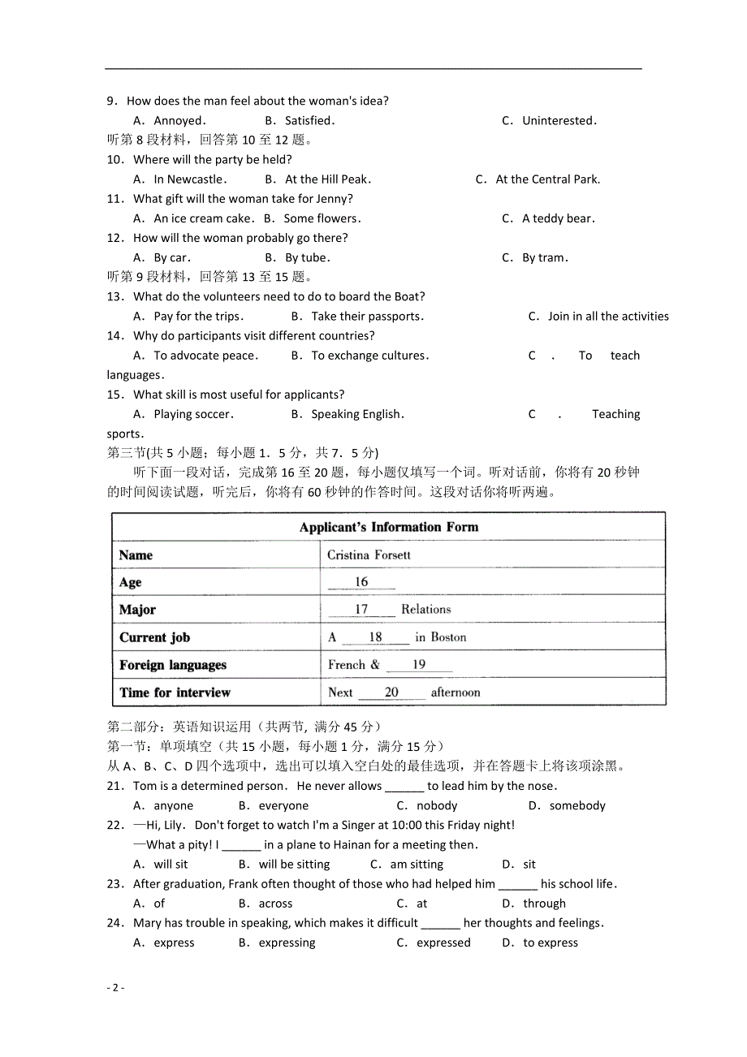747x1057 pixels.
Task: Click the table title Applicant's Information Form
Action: tap(388, 527)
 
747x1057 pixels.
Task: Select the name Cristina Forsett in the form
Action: tap(369, 555)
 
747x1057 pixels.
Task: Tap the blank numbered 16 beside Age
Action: tap(361, 582)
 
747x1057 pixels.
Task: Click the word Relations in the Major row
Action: tap(425, 609)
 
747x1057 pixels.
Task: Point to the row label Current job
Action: tap(154, 637)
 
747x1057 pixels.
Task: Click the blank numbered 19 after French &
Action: tap(419, 665)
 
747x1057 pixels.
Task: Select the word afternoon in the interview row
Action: tap(455, 692)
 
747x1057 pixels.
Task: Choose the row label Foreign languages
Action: tap(173, 665)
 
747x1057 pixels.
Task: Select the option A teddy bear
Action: tap(558, 218)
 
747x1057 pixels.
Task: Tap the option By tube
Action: tap(308, 258)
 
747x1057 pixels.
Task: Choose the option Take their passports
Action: tap(367, 317)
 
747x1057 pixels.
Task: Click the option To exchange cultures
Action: tap(369, 356)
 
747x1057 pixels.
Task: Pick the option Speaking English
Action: tap(357, 414)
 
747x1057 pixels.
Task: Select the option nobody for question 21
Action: tap(437, 806)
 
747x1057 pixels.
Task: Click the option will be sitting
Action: tap(294, 865)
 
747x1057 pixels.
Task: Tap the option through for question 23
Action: tap(544, 904)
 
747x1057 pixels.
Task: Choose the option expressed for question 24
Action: tap(443, 943)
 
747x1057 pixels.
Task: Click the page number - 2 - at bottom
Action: tap(115, 988)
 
